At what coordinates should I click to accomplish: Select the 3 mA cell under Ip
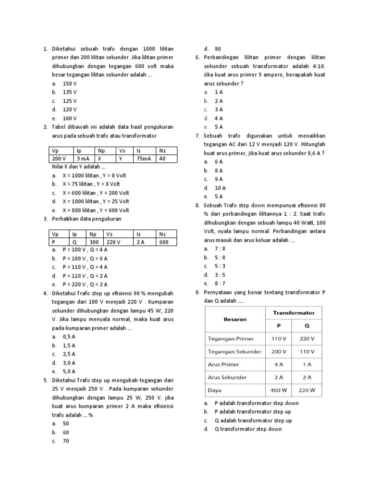[84, 159]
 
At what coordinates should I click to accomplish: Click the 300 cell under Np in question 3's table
[95, 242]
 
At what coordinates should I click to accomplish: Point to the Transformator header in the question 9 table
[294, 312]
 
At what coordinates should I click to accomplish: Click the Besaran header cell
[235, 319]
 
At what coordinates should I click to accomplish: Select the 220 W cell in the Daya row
[307, 390]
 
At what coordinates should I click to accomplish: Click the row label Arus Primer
[223, 364]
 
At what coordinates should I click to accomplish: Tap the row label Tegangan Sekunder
[234, 351]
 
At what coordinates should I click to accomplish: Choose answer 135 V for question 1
[70, 92]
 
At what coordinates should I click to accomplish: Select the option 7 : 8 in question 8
[221, 248]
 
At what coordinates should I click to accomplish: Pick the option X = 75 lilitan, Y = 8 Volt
[91, 184]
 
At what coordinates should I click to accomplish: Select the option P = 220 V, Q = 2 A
[85, 284]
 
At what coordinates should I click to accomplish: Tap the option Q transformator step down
[249, 429]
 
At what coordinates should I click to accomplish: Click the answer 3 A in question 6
[219, 109]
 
